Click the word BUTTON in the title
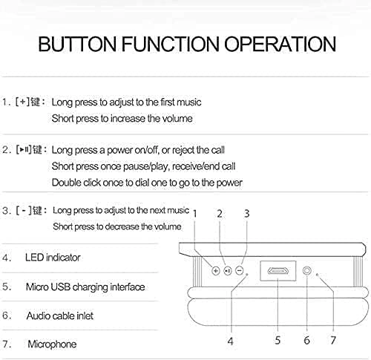pyautogui.click(x=77, y=44)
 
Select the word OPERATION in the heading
pyautogui.click(x=280, y=44)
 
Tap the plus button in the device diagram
pyautogui.click(x=216, y=271)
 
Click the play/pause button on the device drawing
pyautogui.click(x=228, y=271)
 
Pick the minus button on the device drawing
pyautogui.click(x=239, y=270)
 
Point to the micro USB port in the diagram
pyautogui.click(x=278, y=271)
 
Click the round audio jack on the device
pyautogui.click(x=307, y=270)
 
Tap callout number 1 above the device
pyautogui.click(x=194, y=214)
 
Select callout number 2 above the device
pyautogui.click(x=220, y=214)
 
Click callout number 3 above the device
pyautogui.click(x=246, y=214)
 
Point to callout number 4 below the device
pyautogui.click(x=230, y=341)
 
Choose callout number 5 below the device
pyautogui.click(x=278, y=340)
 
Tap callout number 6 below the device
pyautogui.click(x=306, y=340)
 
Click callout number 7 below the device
pyautogui.click(x=333, y=340)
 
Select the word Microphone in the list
pyautogui.click(x=52, y=344)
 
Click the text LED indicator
pyautogui.click(x=53, y=258)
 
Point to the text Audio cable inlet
pyautogui.click(x=60, y=315)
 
